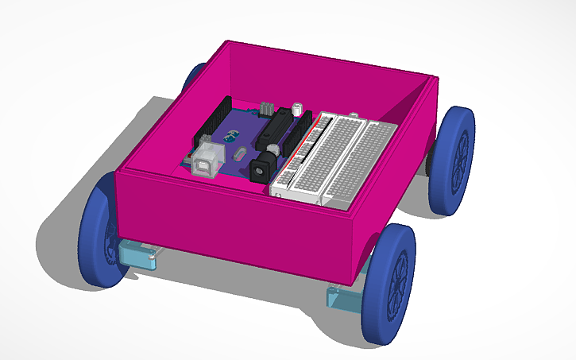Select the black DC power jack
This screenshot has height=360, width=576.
point(260,169)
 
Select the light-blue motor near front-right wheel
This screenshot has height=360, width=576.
point(344,298)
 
